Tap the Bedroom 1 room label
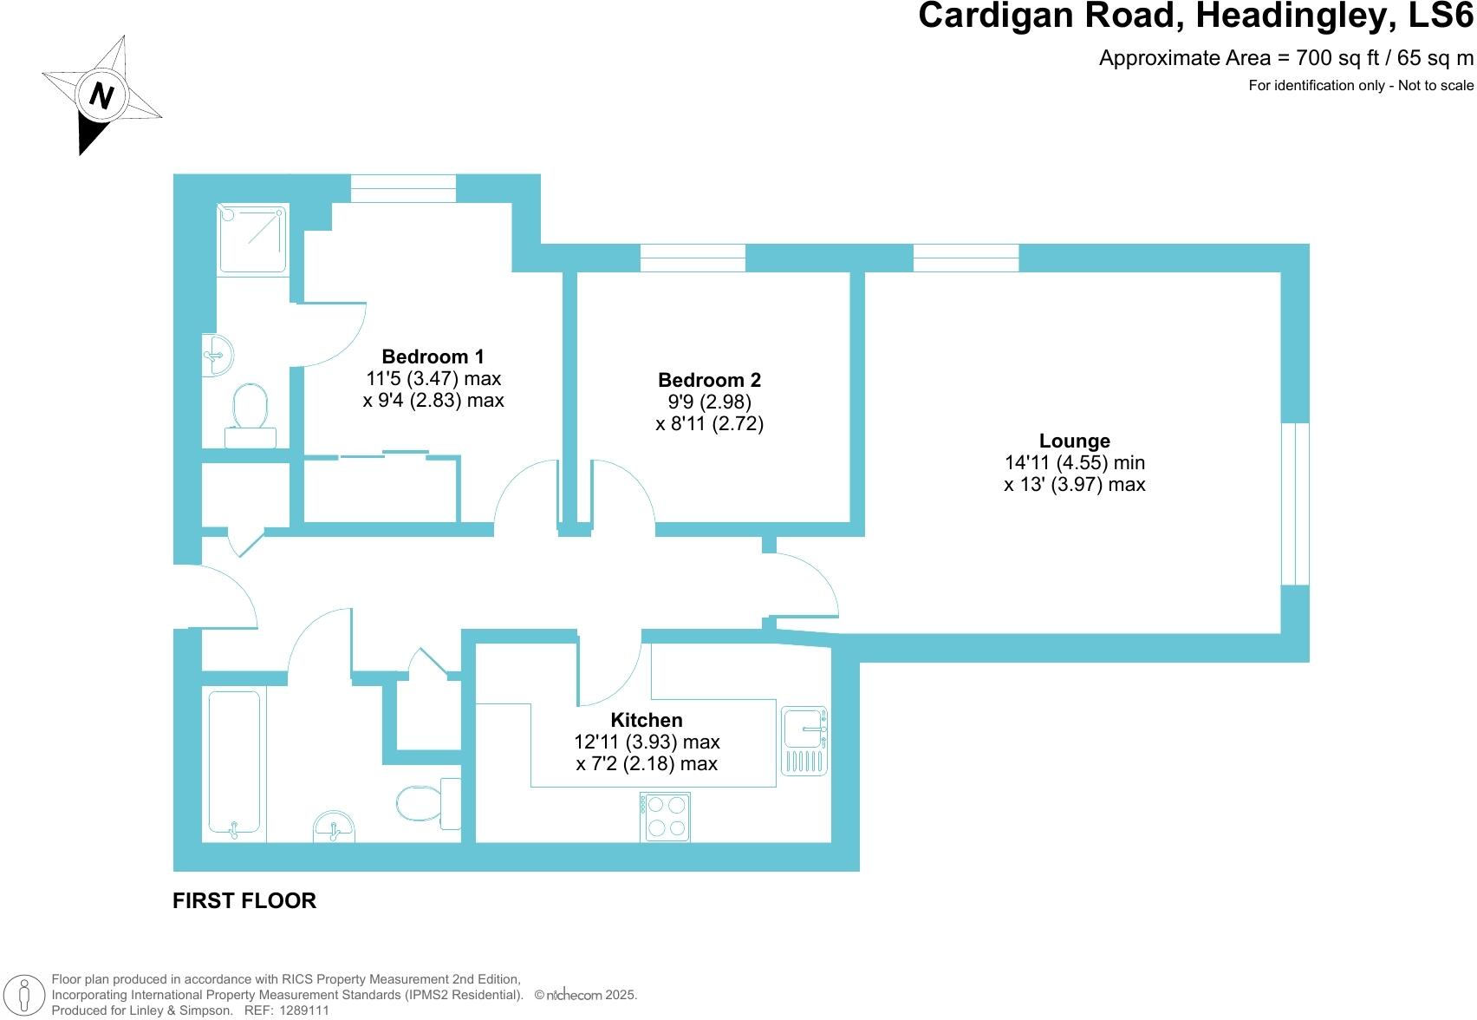[433, 356]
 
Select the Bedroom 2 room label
[709, 380]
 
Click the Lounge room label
[1074, 441]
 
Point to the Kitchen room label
[647, 720]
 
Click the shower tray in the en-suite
[253, 239]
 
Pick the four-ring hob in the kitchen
[666, 816]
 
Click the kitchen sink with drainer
[805, 740]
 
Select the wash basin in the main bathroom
[335, 826]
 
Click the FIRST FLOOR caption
[244, 901]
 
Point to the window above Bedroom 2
[693, 258]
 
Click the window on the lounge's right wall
[1295, 504]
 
